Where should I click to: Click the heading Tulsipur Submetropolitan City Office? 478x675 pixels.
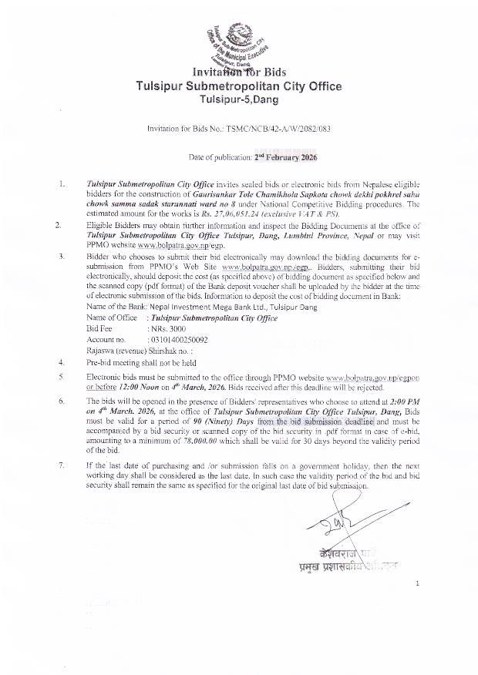pyautogui.click(x=238, y=86)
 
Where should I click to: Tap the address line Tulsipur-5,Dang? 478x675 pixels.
pyautogui.click(x=238, y=100)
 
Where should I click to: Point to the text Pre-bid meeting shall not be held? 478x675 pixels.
pyautogui.click(x=141, y=361)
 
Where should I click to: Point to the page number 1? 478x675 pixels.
pyautogui.click(x=417, y=583)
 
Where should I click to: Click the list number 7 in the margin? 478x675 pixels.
pyautogui.click(x=60, y=466)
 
